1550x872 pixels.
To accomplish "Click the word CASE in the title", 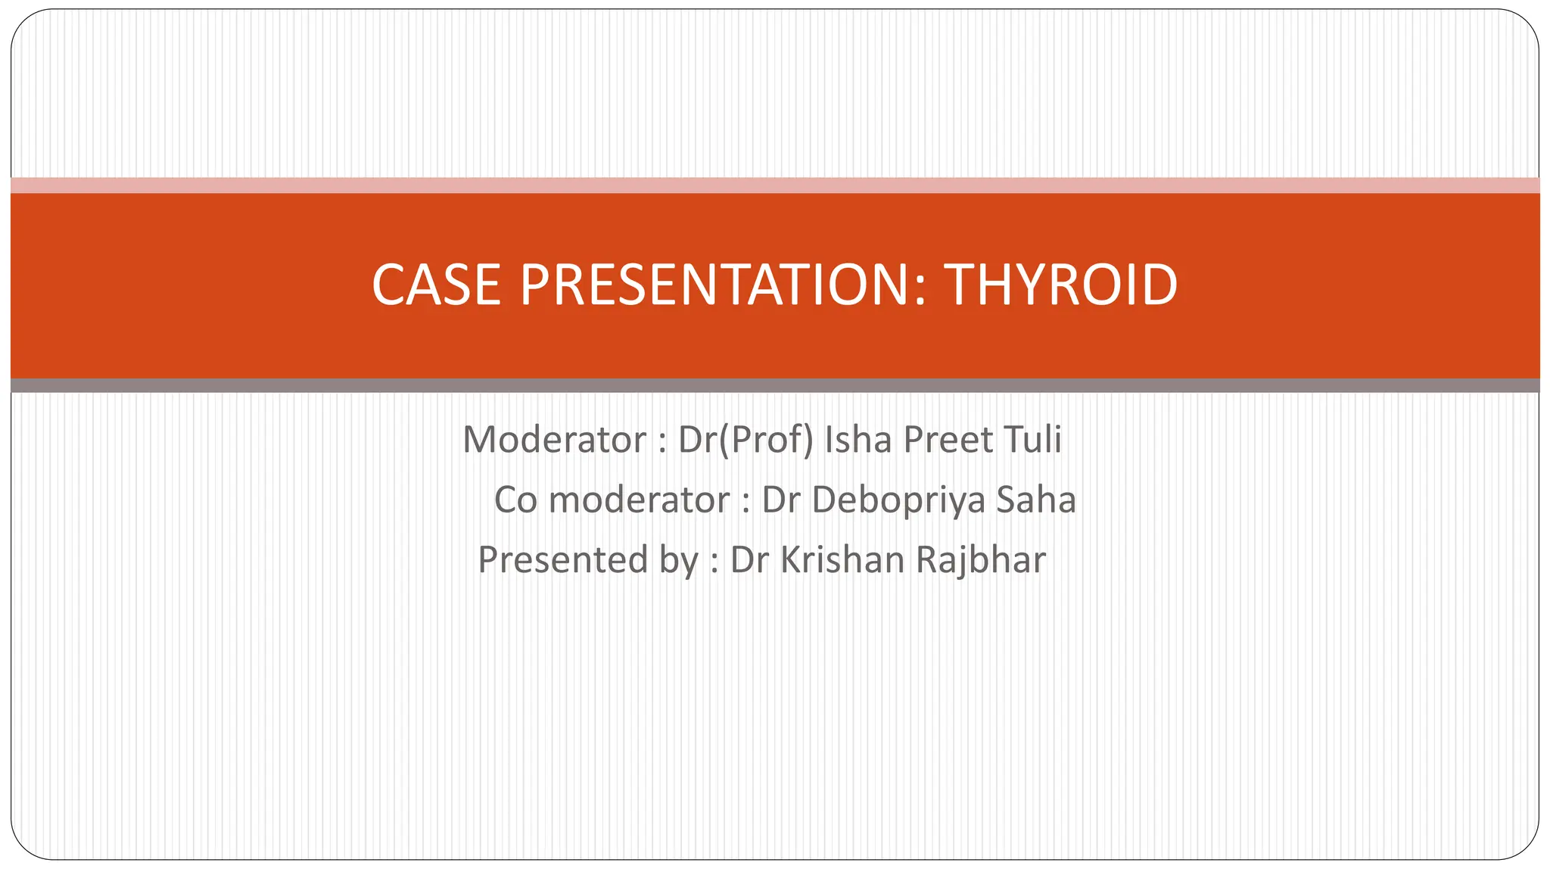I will (436, 285).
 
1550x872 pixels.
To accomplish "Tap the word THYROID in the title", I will (1060, 285).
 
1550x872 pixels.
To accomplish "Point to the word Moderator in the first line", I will (555, 440).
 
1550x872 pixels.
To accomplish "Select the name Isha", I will (859, 440).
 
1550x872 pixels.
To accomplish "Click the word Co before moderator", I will (515, 500).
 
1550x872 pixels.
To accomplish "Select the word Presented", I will (563, 561).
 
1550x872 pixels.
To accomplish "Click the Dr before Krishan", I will (750, 561).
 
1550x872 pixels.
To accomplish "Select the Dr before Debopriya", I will (781, 500).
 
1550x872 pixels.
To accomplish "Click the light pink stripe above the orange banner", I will (775, 185).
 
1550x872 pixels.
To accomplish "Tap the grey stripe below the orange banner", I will (775, 385).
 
